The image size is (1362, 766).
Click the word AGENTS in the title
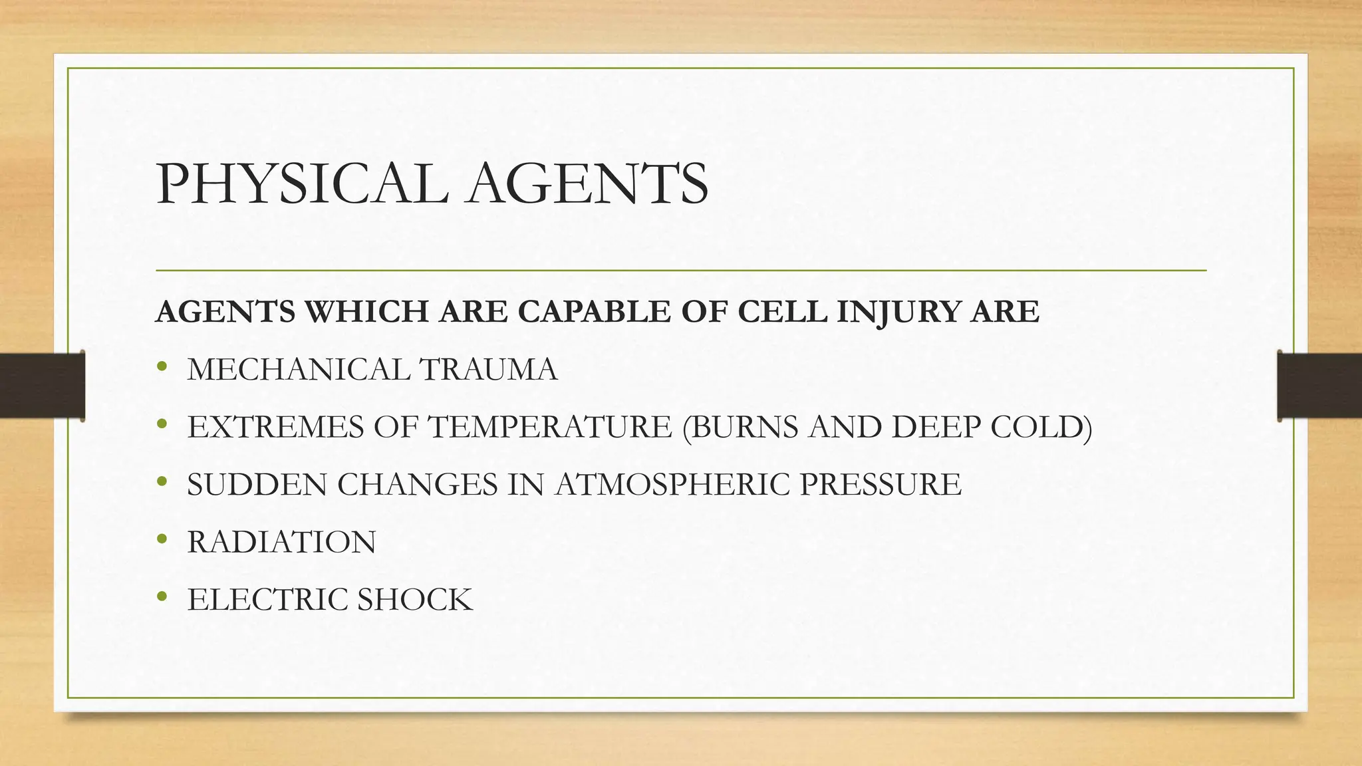587,184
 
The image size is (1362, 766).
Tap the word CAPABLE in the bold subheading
595,312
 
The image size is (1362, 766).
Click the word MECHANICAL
298,370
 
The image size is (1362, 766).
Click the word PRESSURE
881,485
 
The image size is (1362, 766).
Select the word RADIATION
281,543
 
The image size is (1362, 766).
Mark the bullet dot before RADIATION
161,539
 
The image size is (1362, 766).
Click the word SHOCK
414,600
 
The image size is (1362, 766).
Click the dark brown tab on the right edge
1319,385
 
